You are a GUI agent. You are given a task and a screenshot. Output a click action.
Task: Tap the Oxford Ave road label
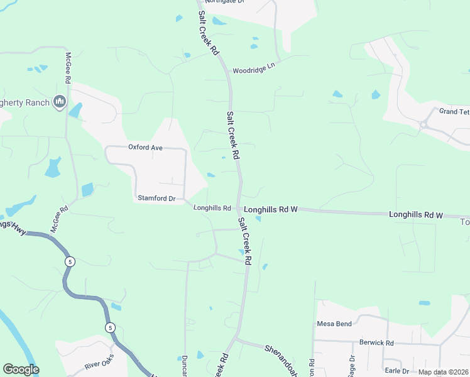145,147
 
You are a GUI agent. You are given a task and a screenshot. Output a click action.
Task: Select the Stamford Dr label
156,199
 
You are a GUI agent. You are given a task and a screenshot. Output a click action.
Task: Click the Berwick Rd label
376,343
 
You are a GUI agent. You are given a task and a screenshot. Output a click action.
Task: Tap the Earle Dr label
396,371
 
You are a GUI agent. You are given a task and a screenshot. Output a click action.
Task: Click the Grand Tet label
454,111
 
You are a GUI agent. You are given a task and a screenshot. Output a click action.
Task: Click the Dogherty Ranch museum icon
60,102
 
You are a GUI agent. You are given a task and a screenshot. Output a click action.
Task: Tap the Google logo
21,369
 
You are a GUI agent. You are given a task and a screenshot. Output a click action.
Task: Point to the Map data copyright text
442,372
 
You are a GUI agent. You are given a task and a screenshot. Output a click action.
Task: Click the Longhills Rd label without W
212,208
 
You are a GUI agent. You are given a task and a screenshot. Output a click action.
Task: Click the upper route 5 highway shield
70,261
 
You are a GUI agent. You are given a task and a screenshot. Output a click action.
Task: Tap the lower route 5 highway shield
110,327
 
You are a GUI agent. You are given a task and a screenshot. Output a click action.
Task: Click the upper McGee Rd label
67,68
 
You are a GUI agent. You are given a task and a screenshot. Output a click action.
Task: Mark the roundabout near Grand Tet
424,124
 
